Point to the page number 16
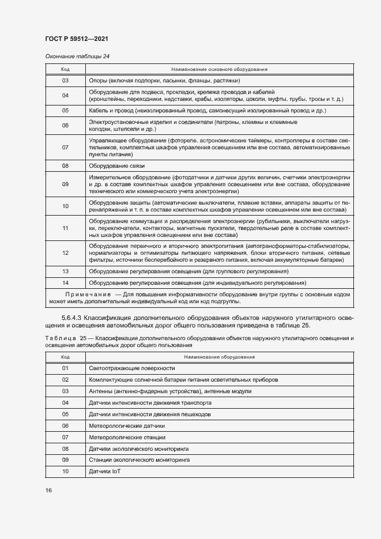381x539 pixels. tap(48, 490)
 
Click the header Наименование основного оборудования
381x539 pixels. tap(218, 69)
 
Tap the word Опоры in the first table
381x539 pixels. tap(97, 81)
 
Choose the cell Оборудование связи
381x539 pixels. tap(116, 165)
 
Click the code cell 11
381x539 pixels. tap(65, 228)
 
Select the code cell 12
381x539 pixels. tap(65, 252)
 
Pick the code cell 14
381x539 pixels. tap(65, 283)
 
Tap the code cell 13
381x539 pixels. tap(65, 271)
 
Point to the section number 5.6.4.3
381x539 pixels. tap(74, 318)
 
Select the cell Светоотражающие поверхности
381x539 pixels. tap(131, 368)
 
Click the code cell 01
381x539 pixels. tap(65, 368)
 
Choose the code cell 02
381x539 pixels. tap(65, 380)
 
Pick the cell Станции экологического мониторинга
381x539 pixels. tap(139, 460)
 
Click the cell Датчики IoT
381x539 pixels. tap(104, 472)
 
